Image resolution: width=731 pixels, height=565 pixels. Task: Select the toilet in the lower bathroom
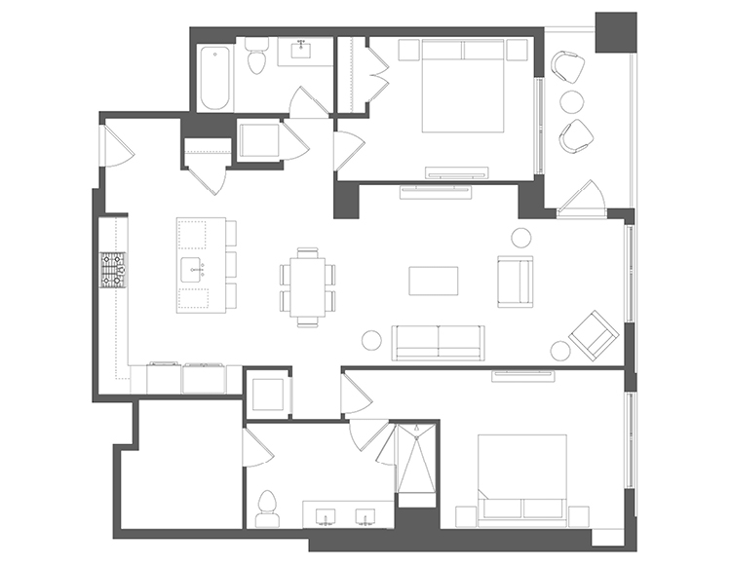click(x=267, y=505)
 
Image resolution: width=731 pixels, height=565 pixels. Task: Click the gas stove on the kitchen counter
click(x=112, y=271)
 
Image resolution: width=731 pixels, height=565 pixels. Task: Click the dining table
click(x=308, y=283)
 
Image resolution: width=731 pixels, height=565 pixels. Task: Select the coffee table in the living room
click(x=433, y=281)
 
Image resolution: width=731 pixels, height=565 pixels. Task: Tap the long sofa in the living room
click(x=438, y=341)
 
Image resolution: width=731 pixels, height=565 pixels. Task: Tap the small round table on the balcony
click(x=569, y=99)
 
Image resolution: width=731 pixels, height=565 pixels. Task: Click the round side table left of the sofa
click(x=371, y=340)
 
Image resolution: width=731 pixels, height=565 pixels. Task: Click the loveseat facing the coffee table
click(x=515, y=281)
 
